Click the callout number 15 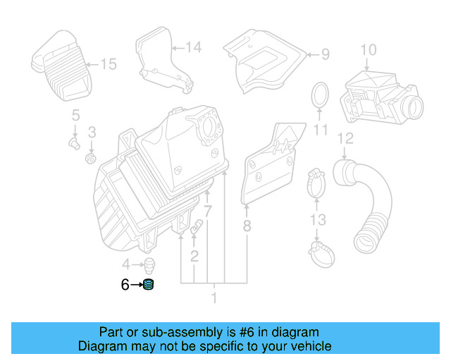pyautogui.click(x=108, y=64)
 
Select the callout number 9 pyautogui.click(x=325, y=54)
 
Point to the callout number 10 pyautogui.click(x=369, y=49)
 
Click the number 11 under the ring pyautogui.click(x=321, y=130)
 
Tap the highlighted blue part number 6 pyautogui.click(x=149, y=285)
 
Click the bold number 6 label pyautogui.click(x=125, y=285)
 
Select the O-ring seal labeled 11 pyautogui.click(x=321, y=97)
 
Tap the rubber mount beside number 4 pyautogui.click(x=150, y=267)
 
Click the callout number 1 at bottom pyautogui.click(x=214, y=298)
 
